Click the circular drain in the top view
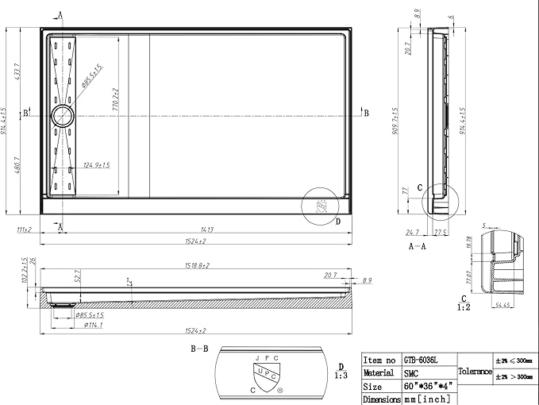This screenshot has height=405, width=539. pyautogui.click(x=62, y=117)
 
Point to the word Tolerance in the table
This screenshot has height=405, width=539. pyautogui.click(x=474, y=372)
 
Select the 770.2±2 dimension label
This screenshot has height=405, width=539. pyautogui.click(x=116, y=99)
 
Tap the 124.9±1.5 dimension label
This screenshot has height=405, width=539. pyautogui.click(x=96, y=165)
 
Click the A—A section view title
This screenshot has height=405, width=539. pyautogui.click(x=419, y=247)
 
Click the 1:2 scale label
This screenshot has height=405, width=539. pyautogui.click(x=464, y=306)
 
